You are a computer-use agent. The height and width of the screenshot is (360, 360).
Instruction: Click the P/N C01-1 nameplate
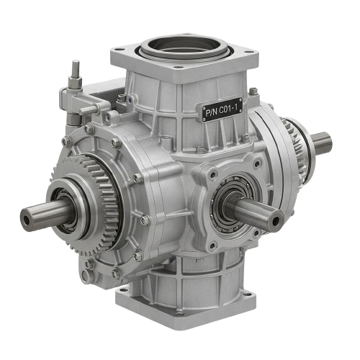tap(224, 111)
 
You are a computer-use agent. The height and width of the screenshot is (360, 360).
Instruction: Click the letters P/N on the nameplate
tap(211, 113)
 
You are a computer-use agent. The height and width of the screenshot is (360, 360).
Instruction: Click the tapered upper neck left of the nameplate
tap(155, 108)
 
